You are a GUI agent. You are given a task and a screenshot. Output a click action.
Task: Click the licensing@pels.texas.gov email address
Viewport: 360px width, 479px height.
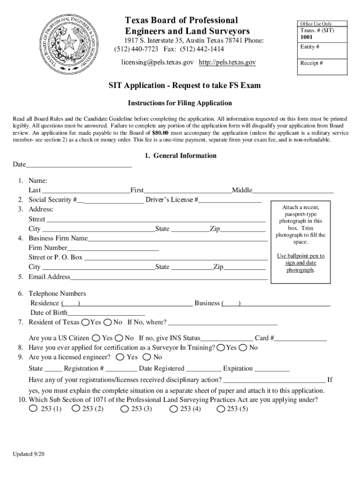[158, 63]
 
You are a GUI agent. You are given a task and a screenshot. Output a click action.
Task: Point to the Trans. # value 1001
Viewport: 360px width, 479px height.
[307, 37]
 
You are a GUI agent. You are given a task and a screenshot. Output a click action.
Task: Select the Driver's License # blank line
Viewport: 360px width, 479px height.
[230, 200]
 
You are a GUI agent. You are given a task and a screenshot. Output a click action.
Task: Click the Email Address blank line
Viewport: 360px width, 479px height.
[168, 277]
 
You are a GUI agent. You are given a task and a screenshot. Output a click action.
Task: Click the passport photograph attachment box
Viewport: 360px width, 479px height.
[300, 239]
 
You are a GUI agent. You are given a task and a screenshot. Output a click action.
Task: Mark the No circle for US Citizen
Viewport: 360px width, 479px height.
[119, 338]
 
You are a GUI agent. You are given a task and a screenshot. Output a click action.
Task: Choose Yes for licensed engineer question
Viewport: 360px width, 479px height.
[120, 357]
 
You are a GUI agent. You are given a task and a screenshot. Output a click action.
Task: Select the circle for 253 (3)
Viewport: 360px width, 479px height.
[125, 409]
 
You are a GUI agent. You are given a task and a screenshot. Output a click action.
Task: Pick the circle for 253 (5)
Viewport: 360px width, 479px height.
[221, 409]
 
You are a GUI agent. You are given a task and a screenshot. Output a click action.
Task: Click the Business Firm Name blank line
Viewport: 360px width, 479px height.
[177, 239]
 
